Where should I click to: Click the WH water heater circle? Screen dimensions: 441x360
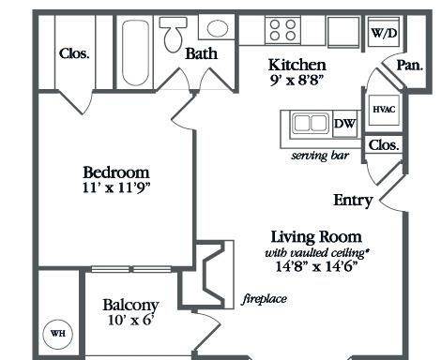click(x=58, y=334)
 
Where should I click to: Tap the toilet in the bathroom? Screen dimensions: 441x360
click(x=173, y=34)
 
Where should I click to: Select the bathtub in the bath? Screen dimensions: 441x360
click(x=135, y=52)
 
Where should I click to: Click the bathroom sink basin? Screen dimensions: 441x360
click(x=218, y=28)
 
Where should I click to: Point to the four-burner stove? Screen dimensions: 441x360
click(x=282, y=30)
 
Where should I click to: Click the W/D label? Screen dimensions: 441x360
click(x=384, y=33)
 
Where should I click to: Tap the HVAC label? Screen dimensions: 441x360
click(x=384, y=110)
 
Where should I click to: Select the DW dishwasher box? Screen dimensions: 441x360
click(x=344, y=124)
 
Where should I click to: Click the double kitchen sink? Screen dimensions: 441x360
click(x=311, y=124)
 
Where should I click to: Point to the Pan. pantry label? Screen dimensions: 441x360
click(x=410, y=66)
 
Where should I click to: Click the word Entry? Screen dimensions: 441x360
click(x=353, y=201)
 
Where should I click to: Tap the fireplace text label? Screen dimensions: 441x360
click(x=265, y=299)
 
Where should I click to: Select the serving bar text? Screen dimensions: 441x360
click(x=320, y=156)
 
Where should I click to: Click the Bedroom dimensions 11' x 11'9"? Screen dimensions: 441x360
click(x=116, y=187)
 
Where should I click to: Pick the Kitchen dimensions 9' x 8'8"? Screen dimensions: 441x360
click(x=296, y=81)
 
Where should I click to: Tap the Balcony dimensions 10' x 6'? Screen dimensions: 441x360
click(x=130, y=320)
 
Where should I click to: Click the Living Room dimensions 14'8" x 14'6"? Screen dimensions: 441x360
click(x=316, y=266)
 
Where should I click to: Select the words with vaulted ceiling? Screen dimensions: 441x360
click(x=316, y=252)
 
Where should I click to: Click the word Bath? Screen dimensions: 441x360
click(x=201, y=53)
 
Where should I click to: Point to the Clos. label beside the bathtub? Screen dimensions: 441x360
click(x=74, y=53)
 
